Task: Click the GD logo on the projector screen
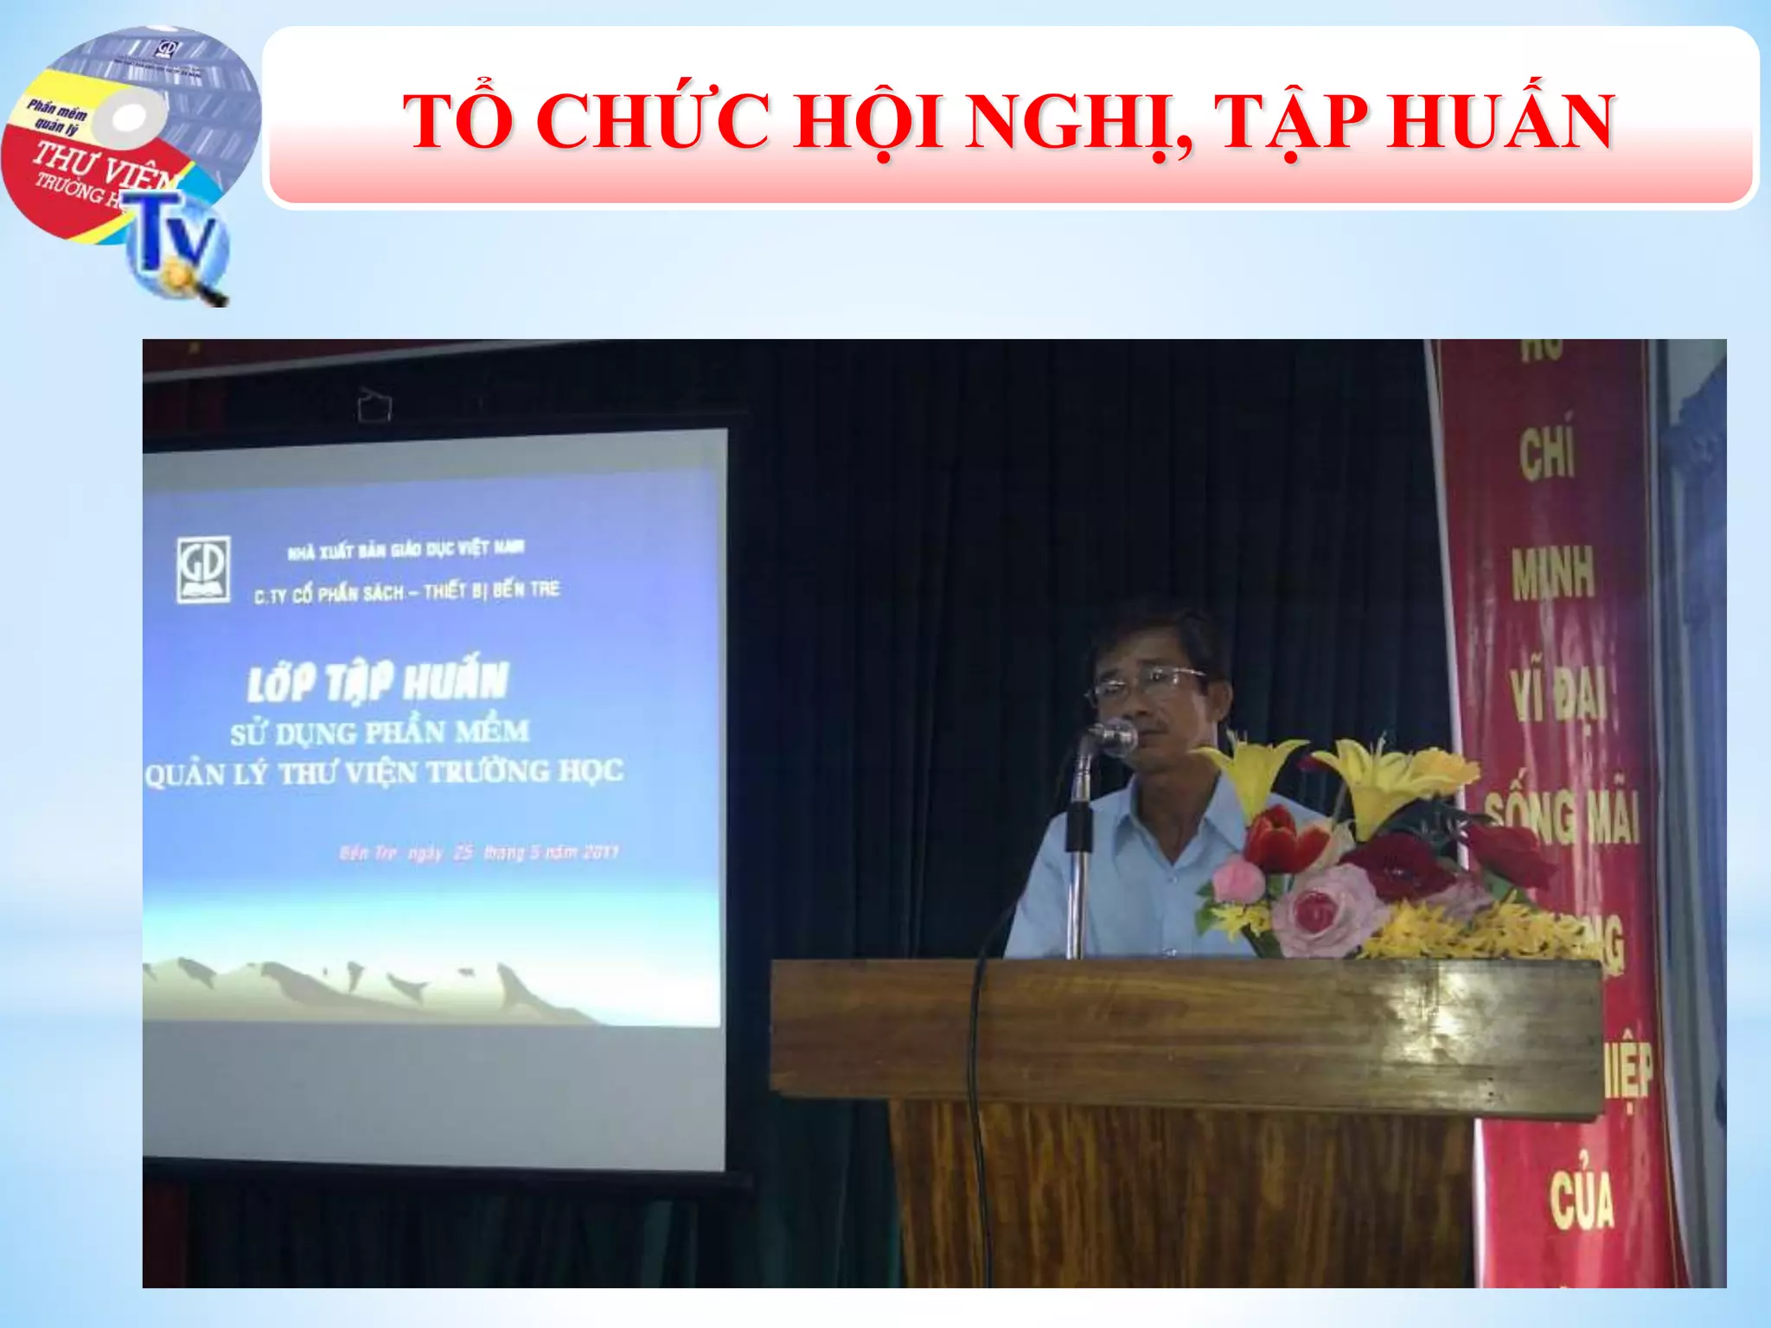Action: click(x=203, y=569)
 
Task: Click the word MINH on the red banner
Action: click(x=1553, y=572)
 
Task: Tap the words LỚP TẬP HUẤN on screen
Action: click(x=378, y=682)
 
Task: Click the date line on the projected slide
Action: click(x=479, y=852)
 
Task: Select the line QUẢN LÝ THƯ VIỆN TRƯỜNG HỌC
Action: click(x=385, y=772)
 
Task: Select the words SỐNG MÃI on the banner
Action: click(x=1563, y=817)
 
